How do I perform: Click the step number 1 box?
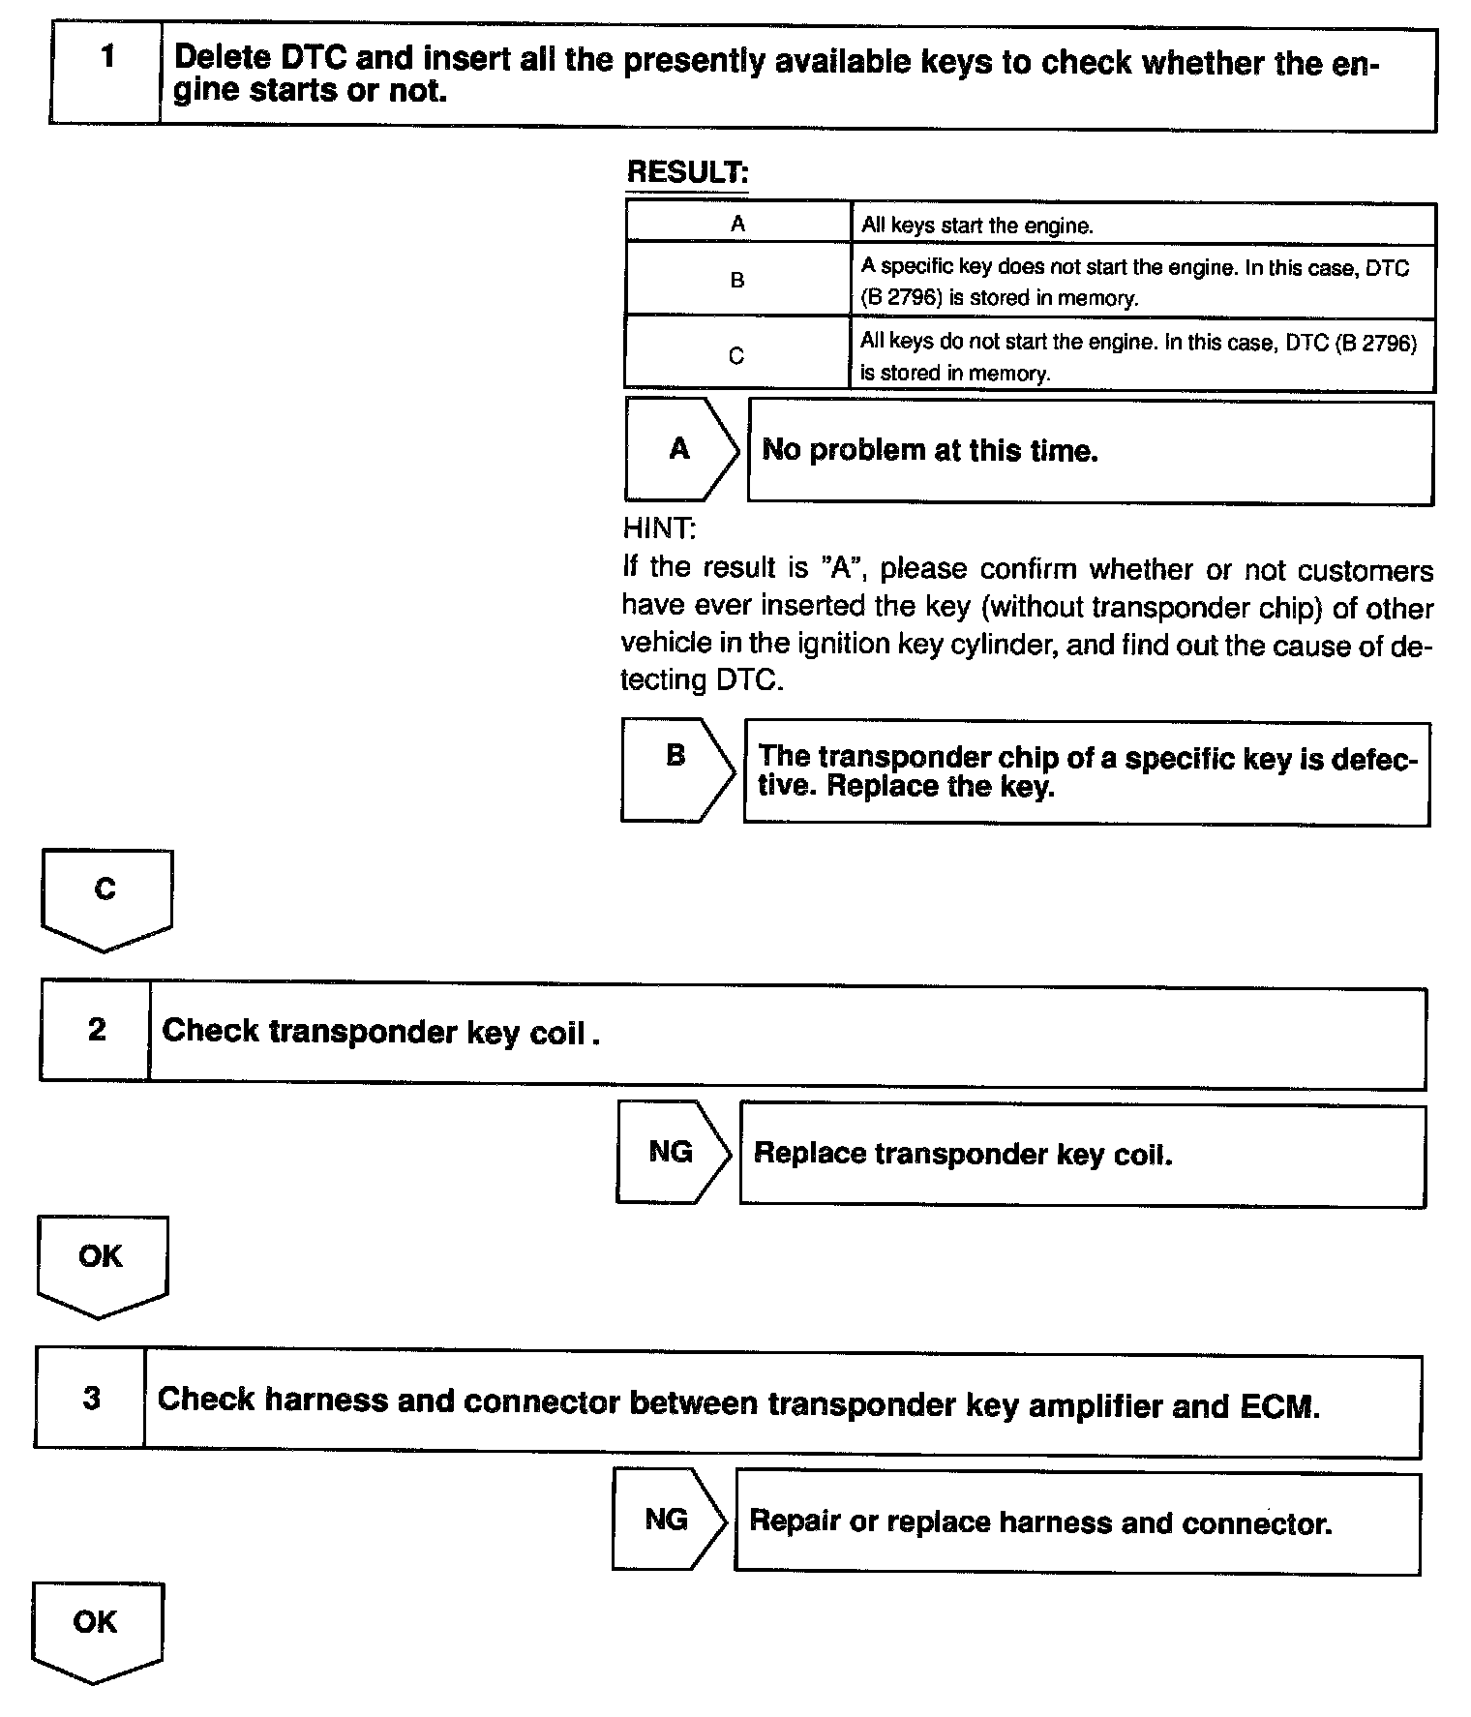[x=105, y=74]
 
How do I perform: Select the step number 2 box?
[x=96, y=1031]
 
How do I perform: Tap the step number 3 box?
[x=91, y=1400]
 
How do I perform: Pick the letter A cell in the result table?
[x=737, y=224]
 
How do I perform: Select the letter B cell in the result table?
[x=737, y=280]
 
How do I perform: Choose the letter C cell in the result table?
[x=736, y=355]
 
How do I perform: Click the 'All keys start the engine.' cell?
[x=1142, y=226]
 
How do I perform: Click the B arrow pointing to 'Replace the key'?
[x=676, y=769]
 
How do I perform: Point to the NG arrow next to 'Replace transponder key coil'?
[x=672, y=1152]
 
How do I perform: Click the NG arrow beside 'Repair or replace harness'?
[x=668, y=1520]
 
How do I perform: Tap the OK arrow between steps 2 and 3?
[x=101, y=1263]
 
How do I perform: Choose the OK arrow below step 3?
[x=96, y=1630]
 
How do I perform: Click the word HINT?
[x=658, y=528]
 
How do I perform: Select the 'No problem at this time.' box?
[x=1090, y=452]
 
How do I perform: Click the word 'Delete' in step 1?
[x=223, y=57]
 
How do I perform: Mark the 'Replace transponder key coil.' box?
[x=1082, y=1156]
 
